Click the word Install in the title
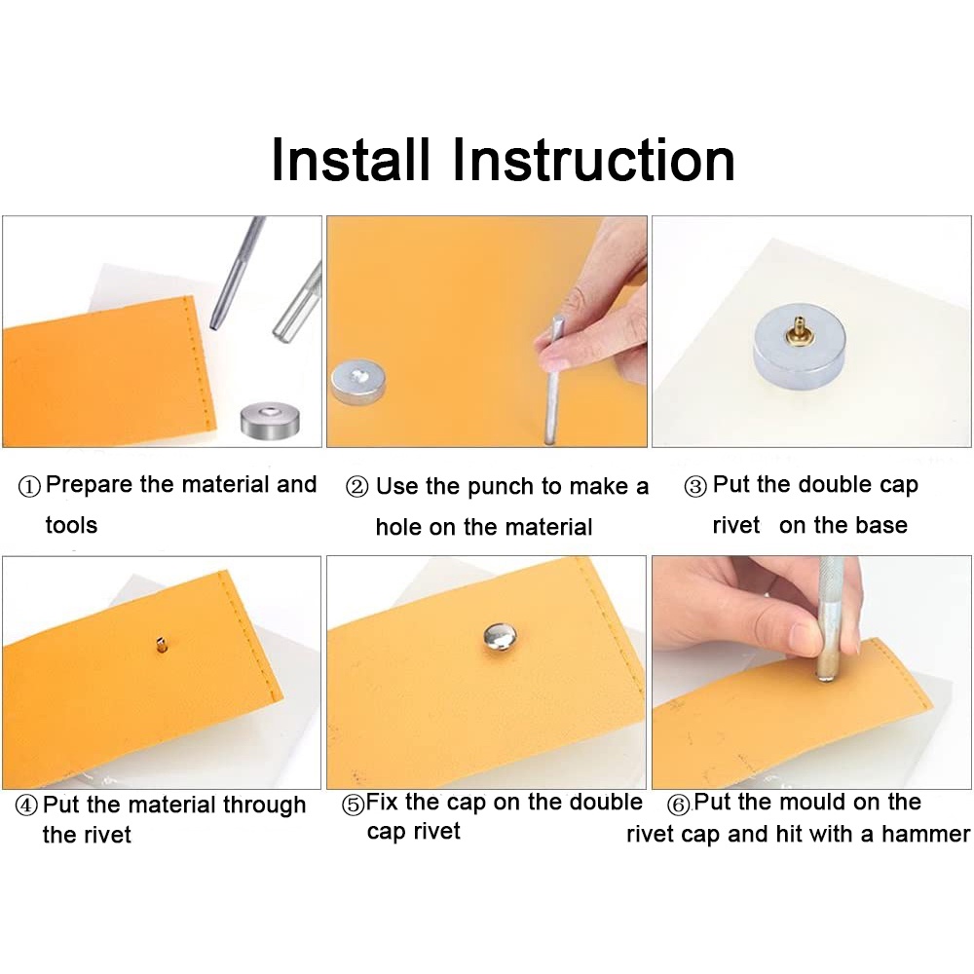point(350,161)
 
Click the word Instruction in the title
point(593,161)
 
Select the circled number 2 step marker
point(356,488)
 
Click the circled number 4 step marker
point(26,806)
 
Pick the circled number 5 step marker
point(353,805)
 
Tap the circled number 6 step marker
point(679,805)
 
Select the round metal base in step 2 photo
point(357,381)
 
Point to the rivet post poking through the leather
point(162,642)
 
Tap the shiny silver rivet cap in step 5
point(500,638)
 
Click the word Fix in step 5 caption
point(383,803)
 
